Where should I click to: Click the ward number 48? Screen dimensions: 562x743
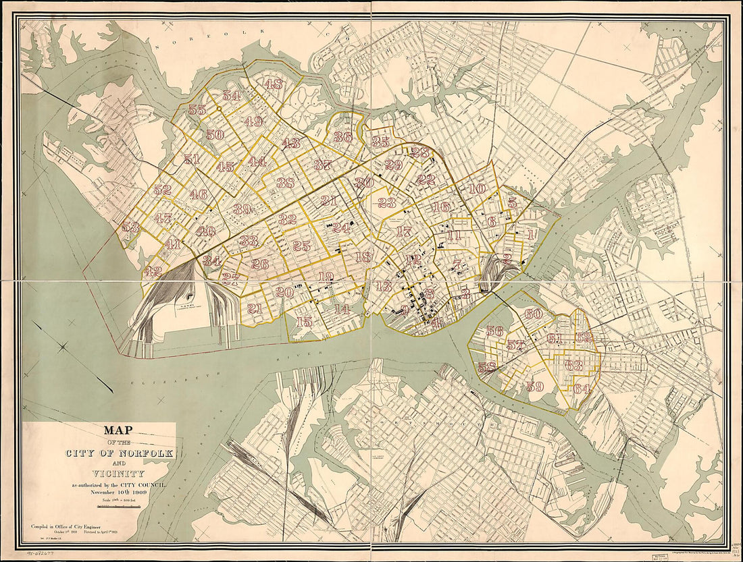click(x=274, y=84)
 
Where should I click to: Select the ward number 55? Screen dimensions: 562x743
click(x=197, y=110)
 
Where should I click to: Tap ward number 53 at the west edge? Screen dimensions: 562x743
click(x=130, y=227)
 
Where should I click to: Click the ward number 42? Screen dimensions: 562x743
click(x=153, y=271)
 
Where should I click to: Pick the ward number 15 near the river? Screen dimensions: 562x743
click(x=304, y=322)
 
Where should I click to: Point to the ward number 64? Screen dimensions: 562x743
click(x=582, y=389)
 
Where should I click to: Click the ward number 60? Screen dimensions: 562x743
click(x=533, y=314)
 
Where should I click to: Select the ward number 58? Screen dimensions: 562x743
click(x=487, y=368)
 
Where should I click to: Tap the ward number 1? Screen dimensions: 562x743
click(x=531, y=235)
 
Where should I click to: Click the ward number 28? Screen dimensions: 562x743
click(x=419, y=152)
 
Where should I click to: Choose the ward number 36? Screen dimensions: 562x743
click(x=342, y=136)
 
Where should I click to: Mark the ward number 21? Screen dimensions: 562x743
click(x=254, y=309)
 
